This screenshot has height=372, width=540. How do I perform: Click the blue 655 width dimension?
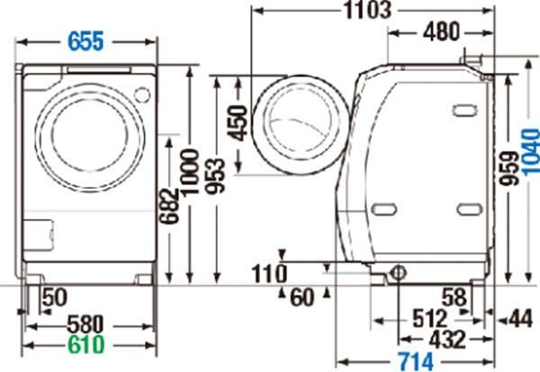pyautogui.click(x=85, y=41)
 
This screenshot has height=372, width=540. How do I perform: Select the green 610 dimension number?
pyautogui.click(x=85, y=344)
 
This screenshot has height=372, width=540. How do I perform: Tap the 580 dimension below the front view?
pyautogui.click(x=85, y=323)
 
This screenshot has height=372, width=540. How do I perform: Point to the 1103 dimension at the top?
pyautogui.click(x=368, y=10)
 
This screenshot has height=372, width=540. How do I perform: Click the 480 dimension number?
pyautogui.click(x=441, y=31)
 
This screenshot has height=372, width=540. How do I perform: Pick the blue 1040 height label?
pyautogui.click(x=530, y=152)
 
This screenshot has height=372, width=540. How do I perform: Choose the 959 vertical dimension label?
pyautogui.click(x=509, y=168)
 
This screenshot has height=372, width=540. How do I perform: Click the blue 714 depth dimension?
pyautogui.click(x=416, y=361)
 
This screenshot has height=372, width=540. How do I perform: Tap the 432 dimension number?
pyautogui.click(x=447, y=340)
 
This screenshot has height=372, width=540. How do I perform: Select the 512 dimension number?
pyautogui.click(x=430, y=318)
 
